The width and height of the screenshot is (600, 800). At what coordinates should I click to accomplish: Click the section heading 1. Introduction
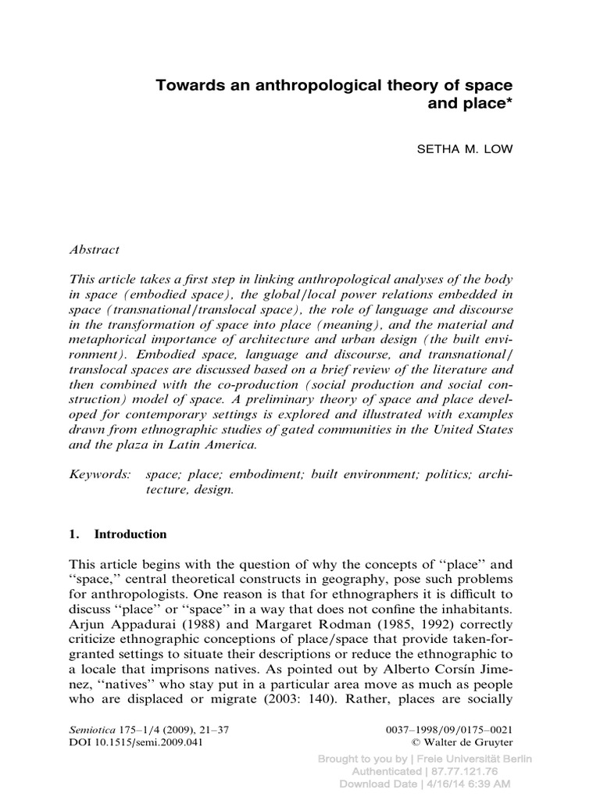[x=118, y=535]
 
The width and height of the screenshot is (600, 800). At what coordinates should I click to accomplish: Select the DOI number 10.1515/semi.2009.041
[x=148, y=743]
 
